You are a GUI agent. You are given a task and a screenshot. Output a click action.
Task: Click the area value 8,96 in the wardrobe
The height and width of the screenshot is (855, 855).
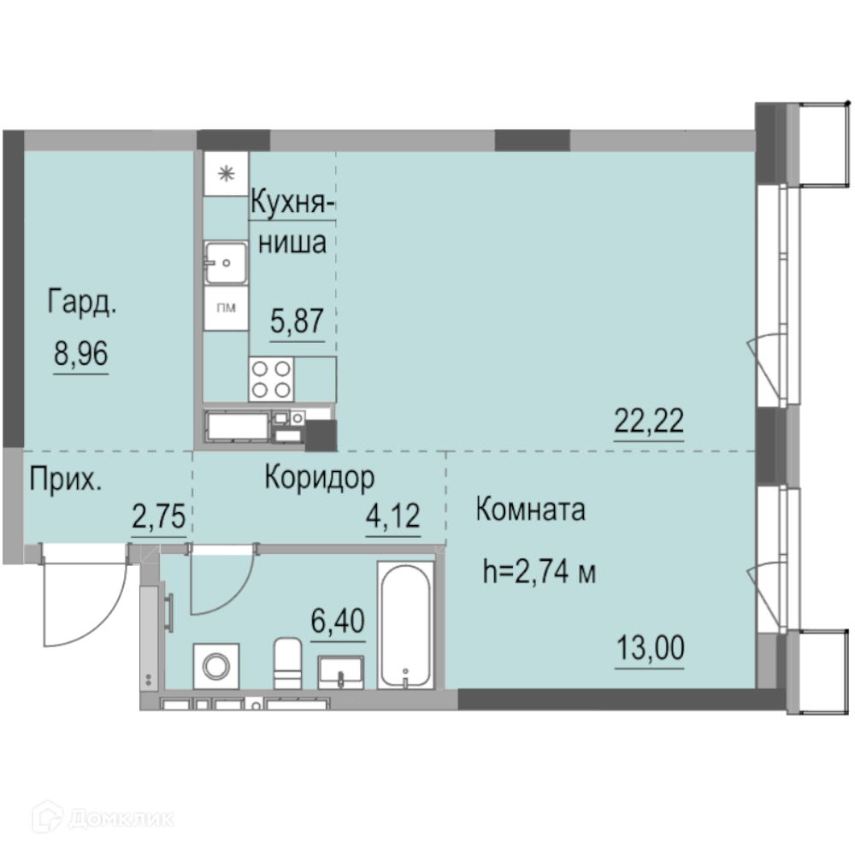(80, 353)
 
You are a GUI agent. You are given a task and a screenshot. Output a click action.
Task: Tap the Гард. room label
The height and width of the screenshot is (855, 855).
(82, 302)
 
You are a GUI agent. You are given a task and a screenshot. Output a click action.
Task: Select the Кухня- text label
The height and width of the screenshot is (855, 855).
(292, 203)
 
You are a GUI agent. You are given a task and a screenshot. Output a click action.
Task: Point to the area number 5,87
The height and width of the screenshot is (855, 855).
(298, 321)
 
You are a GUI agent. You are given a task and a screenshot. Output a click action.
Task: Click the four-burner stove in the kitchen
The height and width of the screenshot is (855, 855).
(271, 379)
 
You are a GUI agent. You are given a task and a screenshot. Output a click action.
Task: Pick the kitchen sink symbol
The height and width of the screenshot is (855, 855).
(226, 262)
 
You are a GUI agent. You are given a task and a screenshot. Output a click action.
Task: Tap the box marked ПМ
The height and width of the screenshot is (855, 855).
(226, 308)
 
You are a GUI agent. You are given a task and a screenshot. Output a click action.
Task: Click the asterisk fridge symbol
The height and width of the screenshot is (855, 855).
(226, 174)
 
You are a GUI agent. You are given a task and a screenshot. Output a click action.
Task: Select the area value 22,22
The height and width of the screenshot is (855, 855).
(649, 421)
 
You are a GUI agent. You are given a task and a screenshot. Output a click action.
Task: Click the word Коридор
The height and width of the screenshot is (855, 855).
(320, 478)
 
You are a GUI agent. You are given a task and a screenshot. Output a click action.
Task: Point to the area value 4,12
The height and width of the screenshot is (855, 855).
(392, 516)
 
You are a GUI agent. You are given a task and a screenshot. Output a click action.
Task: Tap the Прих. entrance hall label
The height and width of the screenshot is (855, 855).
(66, 480)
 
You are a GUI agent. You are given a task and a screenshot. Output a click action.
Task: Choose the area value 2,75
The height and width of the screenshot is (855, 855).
(159, 516)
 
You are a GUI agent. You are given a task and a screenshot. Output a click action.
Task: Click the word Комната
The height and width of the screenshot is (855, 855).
(531, 510)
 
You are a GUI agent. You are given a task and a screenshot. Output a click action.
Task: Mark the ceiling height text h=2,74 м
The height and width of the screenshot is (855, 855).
(540, 572)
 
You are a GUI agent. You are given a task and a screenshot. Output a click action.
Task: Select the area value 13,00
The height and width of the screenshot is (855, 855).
(650, 648)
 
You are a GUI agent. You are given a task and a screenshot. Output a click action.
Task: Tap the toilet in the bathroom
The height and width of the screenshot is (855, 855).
(287, 663)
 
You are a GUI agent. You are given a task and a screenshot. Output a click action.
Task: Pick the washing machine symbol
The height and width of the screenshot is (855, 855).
(216, 666)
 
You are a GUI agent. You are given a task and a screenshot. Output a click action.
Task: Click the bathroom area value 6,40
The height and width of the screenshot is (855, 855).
(338, 621)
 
